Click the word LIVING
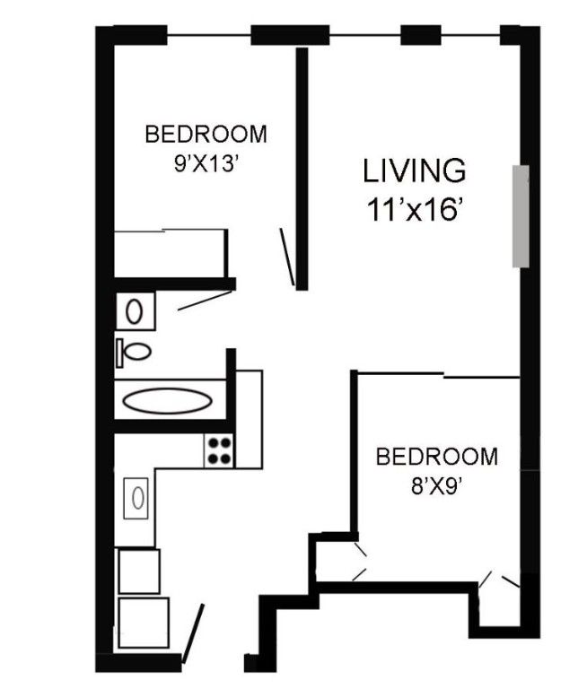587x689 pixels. tap(414, 170)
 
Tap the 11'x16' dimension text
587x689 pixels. tap(416, 210)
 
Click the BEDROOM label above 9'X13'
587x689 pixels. tap(206, 134)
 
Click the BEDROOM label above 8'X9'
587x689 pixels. tap(437, 457)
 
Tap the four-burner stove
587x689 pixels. tap(219, 451)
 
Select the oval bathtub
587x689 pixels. tap(167, 401)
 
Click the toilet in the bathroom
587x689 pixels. tap(134, 352)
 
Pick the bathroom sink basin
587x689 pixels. tap(134, 311)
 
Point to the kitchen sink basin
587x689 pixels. tap(138, 498)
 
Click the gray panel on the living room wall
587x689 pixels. tap(521, 216)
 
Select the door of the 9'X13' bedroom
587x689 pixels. tap(287, 257)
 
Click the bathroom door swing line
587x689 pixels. tap(205, 301)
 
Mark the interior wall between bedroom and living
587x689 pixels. tap(302, 170)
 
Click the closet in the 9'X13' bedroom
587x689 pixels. tap(171, 254)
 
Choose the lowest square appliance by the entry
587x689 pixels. tap(144, 623)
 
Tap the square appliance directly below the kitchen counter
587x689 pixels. tap(139, 571)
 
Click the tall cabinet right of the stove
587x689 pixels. tap(249, 419)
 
